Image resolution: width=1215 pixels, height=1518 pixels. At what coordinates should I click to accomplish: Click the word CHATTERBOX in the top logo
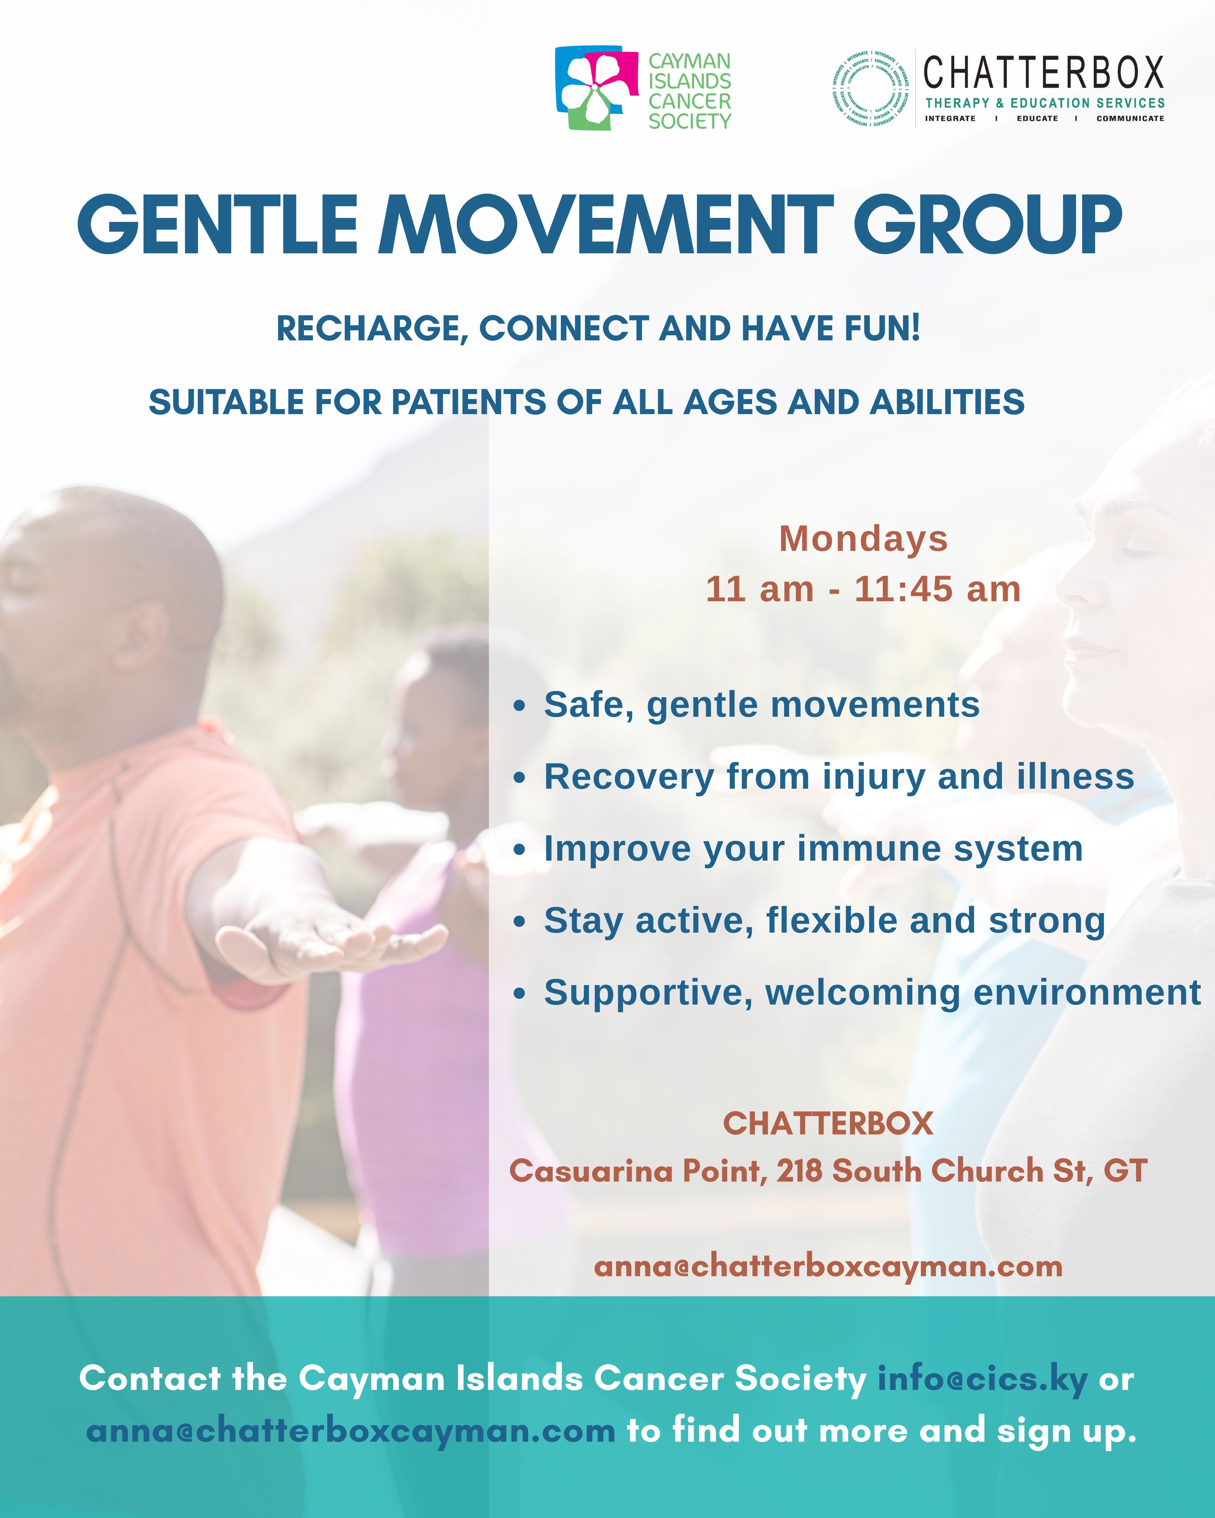point(1044,73)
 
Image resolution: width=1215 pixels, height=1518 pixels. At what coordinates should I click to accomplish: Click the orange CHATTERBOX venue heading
point(828,1124)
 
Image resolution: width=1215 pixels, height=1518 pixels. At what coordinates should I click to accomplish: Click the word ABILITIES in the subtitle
point(948,402)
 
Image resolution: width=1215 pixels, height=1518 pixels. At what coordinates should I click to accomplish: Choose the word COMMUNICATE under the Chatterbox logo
point(1130,118)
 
